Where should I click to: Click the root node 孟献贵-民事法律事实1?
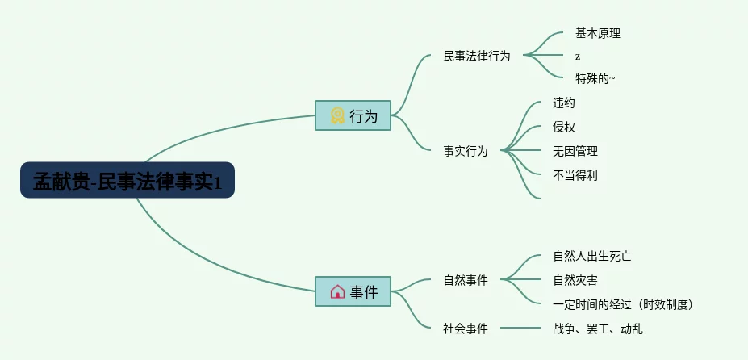coord(127,180)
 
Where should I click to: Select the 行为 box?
coord(353,115)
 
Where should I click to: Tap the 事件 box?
coord(353,291)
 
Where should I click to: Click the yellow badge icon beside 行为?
coord(337,115)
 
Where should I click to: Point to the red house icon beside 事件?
coord(337,291)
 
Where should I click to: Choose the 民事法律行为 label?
coord(476,57)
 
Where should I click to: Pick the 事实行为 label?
coord(465,151)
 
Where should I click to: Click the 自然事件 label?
coord(465,281)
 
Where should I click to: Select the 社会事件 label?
coord(465,329)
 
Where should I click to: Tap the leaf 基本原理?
coord(597,34)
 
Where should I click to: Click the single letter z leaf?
coord(578,57)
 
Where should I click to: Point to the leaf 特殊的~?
coord(595,78)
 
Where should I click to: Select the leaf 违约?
coord(564,103)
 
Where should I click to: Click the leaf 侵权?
coord(564,127)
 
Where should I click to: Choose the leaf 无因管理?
coord(575,151)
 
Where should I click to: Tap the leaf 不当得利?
coord(575,174)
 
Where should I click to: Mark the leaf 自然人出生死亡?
coord(591,257)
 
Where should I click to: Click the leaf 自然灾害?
coord(575,281)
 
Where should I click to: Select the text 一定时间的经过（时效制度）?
coord(623,304)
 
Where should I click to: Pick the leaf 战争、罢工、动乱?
coord(597,329)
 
